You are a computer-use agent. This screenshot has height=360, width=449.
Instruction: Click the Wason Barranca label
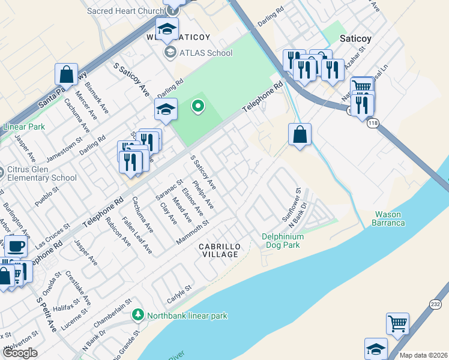pos(390,218)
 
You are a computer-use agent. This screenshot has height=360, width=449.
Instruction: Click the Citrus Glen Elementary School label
pos(42,173)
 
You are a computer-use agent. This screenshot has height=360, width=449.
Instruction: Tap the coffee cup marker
pos(16,246)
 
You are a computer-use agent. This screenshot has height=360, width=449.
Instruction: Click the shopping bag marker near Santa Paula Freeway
pos(66,74)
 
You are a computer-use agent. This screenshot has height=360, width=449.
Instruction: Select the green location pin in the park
pos(197,107)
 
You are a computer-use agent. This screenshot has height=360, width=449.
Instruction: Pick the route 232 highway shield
pos(435,305)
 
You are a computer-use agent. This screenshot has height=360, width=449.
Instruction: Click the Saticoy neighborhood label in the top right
pos(356,38)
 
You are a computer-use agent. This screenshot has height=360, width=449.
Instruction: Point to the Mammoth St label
pos(192,232)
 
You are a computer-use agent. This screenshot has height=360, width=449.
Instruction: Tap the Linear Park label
pos(24,127)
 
